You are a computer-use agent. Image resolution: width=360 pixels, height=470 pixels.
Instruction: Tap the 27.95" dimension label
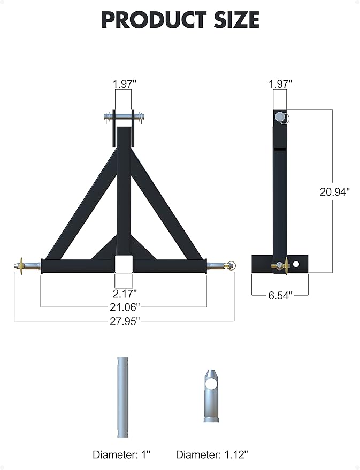(124, 321)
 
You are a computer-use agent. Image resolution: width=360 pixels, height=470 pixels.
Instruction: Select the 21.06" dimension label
(124, 307)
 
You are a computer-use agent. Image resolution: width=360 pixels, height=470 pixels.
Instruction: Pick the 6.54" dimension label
(280, 295)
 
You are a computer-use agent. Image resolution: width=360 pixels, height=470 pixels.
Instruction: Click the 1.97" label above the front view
(124, 83)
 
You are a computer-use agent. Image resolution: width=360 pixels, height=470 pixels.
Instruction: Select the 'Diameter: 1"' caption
(121, 454)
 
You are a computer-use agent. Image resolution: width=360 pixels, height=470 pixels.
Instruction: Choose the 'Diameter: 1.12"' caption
(212, 454)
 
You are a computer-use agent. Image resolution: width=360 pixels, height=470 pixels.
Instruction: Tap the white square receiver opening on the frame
(124, 264)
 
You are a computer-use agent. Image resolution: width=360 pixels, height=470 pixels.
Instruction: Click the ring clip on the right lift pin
(231, 264)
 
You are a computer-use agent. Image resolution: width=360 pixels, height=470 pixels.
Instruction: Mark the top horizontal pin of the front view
(124, 115)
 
